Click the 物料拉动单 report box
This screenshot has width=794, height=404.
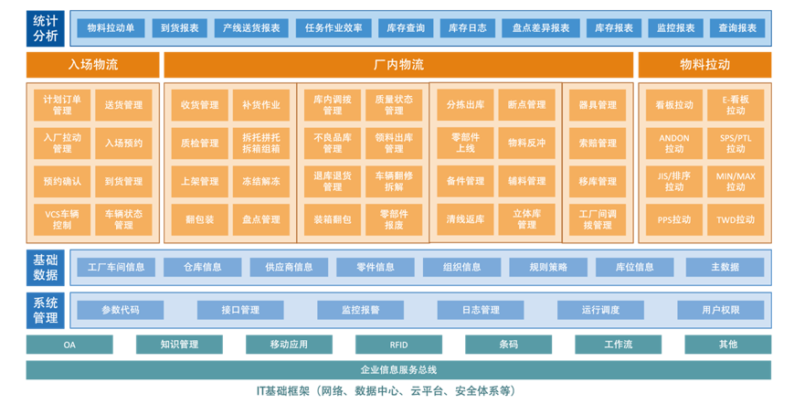(111, 28)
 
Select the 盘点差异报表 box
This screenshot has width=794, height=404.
(541, 28)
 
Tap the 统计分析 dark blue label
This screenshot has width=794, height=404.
(46, 28)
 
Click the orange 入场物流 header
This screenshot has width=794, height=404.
(92, 65)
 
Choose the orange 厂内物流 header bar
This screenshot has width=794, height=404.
(398, 65)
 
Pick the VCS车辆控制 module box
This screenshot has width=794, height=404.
(62, 219)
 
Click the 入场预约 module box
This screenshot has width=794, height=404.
(123, 144)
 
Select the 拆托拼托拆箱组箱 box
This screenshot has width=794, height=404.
(260, 144)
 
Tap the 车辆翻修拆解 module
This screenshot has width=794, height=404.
(394, 181)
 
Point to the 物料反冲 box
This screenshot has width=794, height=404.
(526, 144)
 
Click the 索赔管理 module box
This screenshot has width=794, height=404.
(598, 144)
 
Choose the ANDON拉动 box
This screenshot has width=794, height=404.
(674, 144)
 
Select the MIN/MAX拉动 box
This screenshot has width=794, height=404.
(736, 181)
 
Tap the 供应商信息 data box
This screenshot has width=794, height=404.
(289, 267)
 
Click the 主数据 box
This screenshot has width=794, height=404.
(725, 267)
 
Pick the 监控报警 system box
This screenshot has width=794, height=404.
(361, 310)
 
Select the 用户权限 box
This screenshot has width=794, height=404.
(721, 310)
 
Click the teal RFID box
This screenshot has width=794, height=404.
(398, 345)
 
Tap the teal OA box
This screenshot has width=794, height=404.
(69, 345)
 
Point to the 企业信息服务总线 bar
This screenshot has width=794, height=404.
(398, 370)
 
